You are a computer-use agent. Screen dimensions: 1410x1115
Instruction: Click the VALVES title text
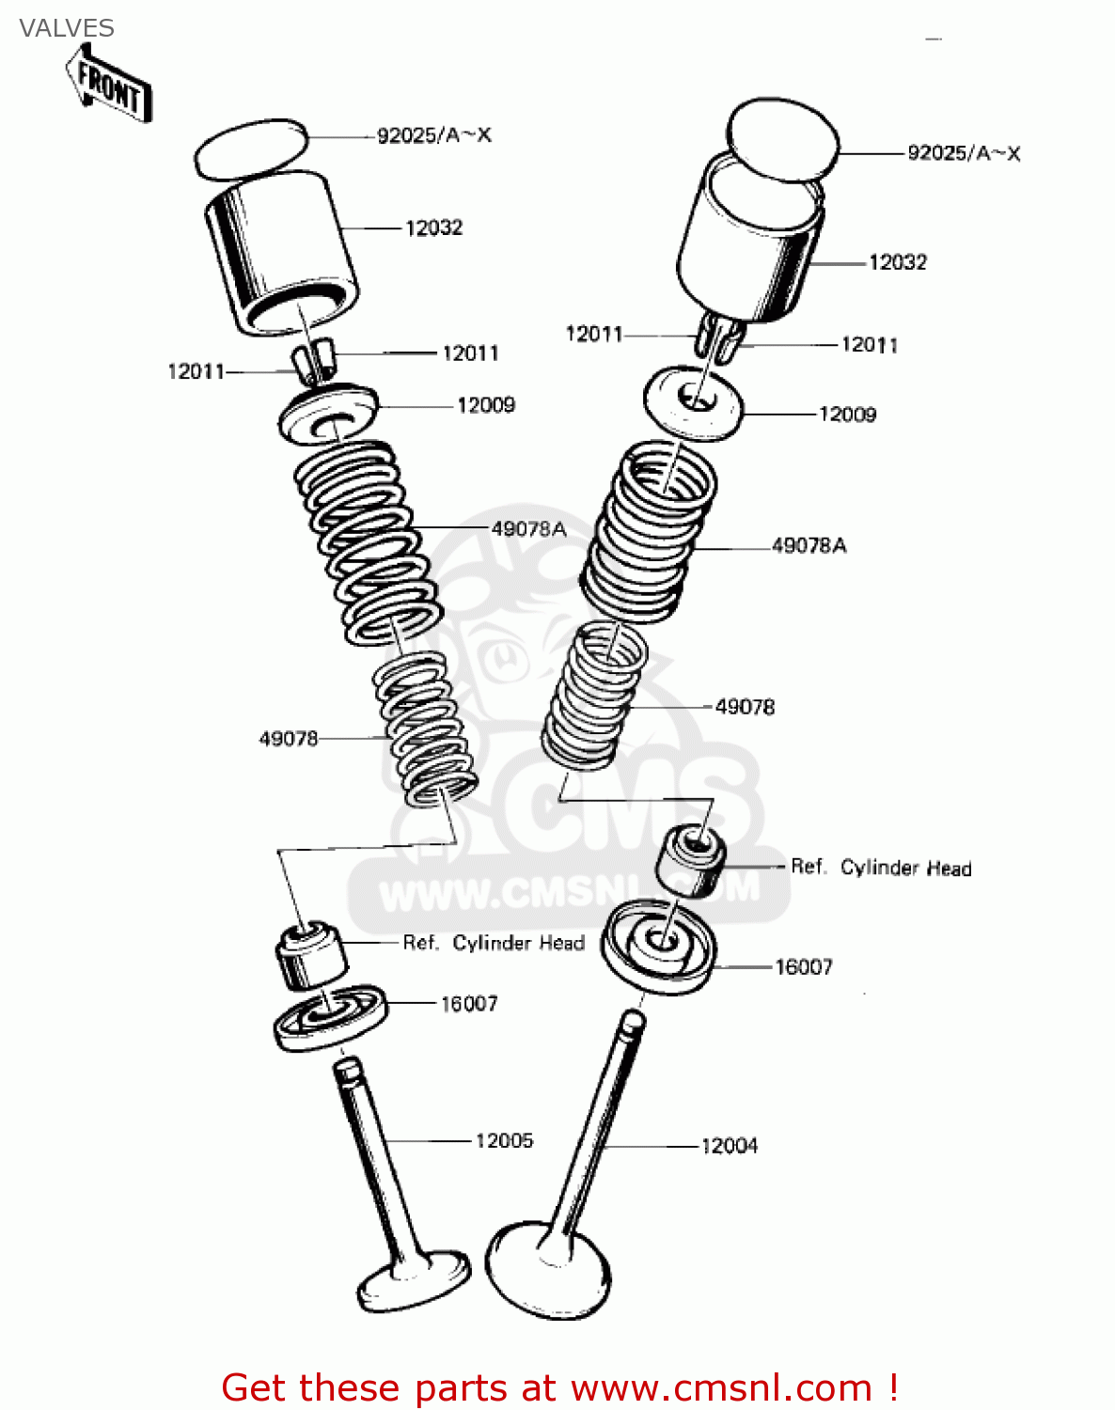[67, 28]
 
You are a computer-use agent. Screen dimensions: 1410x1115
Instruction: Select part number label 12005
[504, 1140]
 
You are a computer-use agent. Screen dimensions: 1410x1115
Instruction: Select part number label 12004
[730, 1146]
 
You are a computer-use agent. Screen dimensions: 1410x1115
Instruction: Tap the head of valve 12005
[414, 1284]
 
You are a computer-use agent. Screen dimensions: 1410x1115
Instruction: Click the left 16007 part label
[469, 1004]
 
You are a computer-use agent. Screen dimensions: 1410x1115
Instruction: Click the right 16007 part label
[804, 967]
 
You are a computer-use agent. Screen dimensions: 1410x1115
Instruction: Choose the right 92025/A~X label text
[964, 153]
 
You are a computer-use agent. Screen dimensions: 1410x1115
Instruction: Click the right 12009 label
[847, 415]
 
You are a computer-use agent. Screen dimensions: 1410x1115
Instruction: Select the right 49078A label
[809, 545]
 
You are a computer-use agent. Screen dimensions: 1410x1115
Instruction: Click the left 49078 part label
[289, 739]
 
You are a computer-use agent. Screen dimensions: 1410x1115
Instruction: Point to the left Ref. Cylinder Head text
[494, 943]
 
